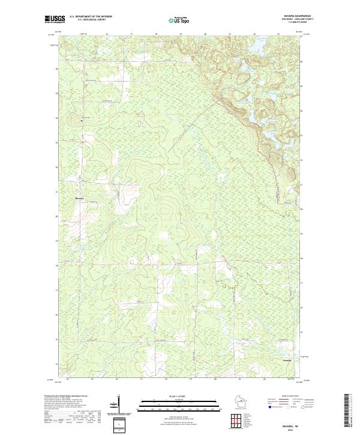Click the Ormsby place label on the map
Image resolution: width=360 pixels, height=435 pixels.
(x=288, y=360)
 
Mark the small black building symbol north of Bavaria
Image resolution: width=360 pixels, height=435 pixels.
(x=82, y=121)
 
